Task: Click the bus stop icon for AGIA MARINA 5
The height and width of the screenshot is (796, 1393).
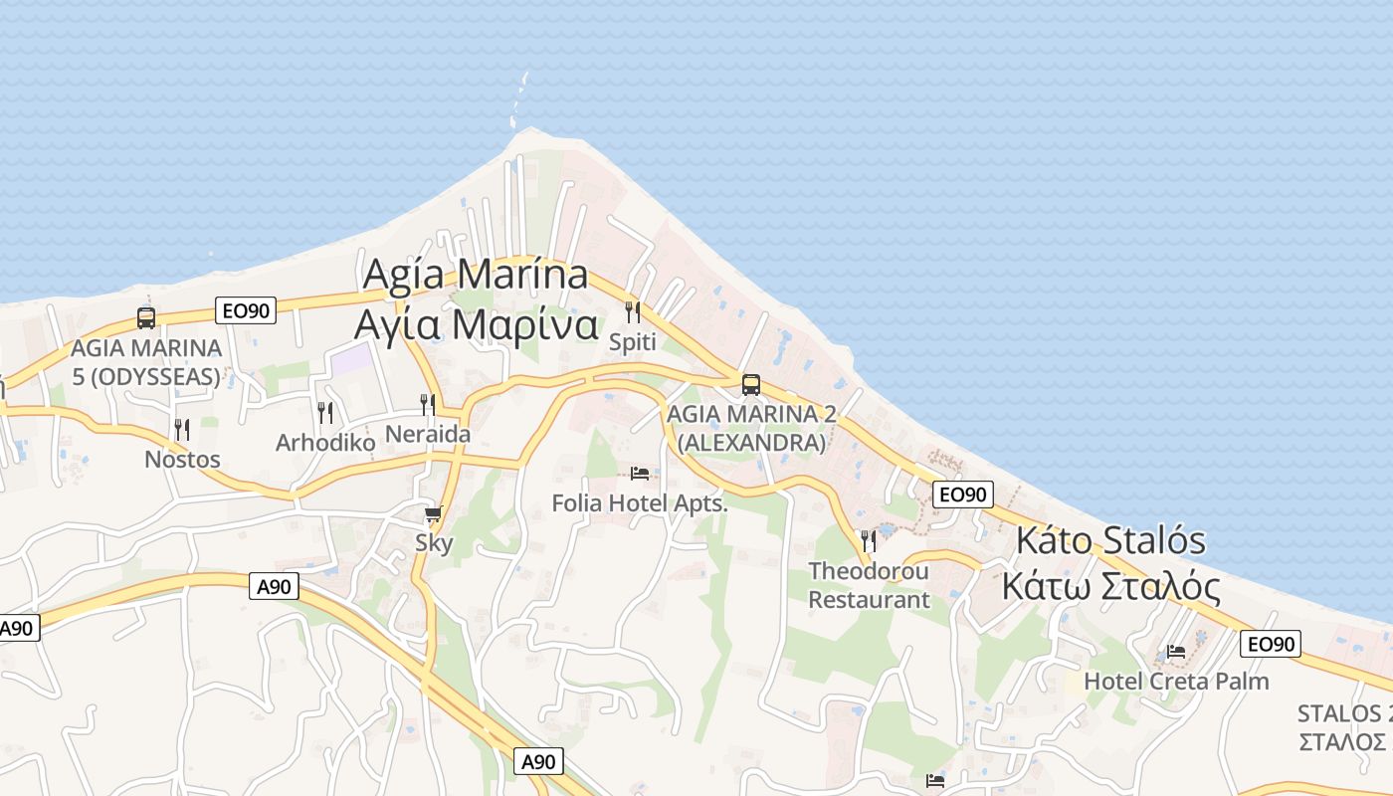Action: pos(146,318)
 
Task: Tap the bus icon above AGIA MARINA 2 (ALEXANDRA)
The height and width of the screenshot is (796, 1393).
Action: pos(751,384)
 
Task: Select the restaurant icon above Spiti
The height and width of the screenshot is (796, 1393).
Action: pos(632,312)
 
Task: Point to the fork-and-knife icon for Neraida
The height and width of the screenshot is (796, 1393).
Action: pos(428,404)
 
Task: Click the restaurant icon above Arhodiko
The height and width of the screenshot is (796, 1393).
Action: pos(325,412)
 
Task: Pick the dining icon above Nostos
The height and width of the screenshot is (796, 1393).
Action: pos(182,430)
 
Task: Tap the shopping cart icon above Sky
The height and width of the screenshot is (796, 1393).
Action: pos(433,514)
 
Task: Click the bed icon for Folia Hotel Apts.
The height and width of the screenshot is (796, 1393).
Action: pos(640,473)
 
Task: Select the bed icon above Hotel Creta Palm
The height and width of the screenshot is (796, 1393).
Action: pos(1176,652)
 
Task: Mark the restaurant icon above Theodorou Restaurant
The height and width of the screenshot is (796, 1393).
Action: pos(869,540)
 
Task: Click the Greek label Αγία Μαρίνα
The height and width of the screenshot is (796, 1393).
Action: pos(476,325)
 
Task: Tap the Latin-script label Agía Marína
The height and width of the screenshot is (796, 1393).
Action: pos(475,275)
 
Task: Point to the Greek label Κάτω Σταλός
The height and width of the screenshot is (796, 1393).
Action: pos(1110,587)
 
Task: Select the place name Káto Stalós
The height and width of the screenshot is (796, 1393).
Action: pos(1110,541)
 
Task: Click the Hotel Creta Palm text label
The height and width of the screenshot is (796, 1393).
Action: pos(1176,682)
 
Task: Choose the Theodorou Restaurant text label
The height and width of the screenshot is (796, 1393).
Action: pos(869,585)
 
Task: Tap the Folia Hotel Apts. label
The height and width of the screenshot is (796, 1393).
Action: pos(640,503)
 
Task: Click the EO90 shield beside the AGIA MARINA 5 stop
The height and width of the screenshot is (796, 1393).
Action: pos(246,310)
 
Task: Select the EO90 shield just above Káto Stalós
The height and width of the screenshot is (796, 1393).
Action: pos(963,495)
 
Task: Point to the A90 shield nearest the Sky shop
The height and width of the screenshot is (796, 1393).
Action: pos(274,587)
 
